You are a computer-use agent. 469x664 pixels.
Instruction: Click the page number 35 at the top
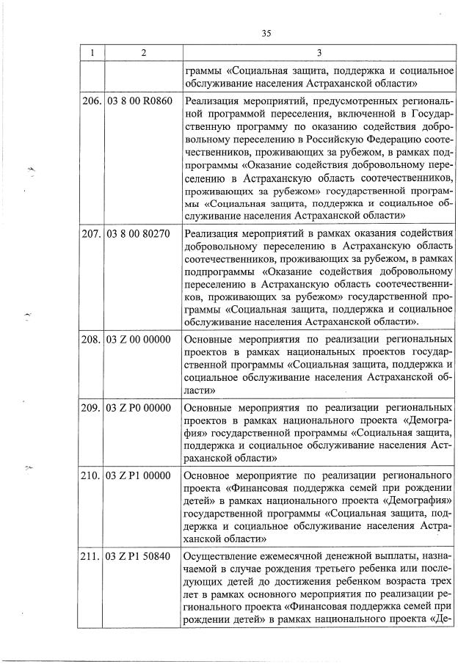click(266, 32)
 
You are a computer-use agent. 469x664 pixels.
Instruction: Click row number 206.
click(92, 101)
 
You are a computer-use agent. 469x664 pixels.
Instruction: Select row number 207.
click(92, 234)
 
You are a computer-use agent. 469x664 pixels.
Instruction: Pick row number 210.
click(92, 475)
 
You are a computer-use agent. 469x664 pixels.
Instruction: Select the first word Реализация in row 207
click(212, 234)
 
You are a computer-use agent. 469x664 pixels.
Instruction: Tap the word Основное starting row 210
click(208, 475)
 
